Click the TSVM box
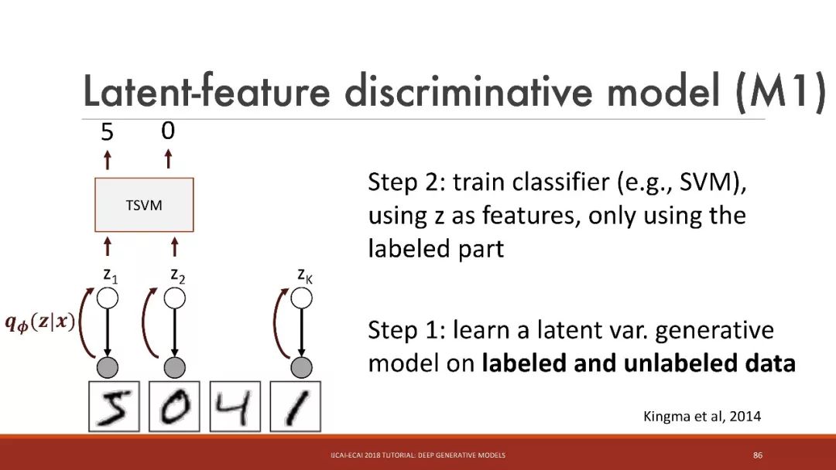point(144,205)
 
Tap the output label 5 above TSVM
point(107,131)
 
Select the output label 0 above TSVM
point(168,131)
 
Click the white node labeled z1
point(108,298)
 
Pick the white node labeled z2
point(174,298)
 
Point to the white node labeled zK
point(301,298)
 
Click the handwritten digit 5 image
point(114,406)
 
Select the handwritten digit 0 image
point(174,406)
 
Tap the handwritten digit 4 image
point(235,406)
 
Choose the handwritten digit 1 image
point(296,406)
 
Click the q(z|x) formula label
point(40,322)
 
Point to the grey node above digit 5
point(108,367)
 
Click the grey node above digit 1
point(301,367)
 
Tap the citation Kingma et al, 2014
point(702,416)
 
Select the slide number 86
point(758,455)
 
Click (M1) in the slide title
point(780,91)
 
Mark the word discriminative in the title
point(468,90)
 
